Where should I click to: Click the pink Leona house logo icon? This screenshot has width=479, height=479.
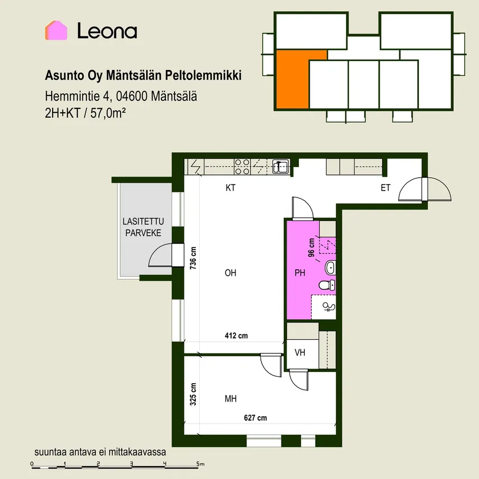(56, 30)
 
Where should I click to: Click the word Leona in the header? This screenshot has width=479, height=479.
(107, 31)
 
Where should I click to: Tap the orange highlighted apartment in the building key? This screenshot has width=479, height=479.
(293, 79)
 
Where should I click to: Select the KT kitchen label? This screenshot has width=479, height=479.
(231, 187)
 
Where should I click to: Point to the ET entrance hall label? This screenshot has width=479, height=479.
(385, 187)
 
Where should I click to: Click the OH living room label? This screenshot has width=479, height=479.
(231, 273)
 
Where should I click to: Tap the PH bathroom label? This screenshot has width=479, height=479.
(300, 273)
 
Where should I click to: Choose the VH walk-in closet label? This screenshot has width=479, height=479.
(300, 353)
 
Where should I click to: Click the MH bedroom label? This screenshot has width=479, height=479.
(231, 399)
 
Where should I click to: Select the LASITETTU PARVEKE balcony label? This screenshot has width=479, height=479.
(143, 227)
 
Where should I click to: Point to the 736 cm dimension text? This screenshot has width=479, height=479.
(193, 258)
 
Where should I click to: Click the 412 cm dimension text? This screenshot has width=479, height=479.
(236, 336)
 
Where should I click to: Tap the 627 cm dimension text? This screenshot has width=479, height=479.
(255, 418)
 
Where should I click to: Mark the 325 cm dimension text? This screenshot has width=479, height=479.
(193, 394)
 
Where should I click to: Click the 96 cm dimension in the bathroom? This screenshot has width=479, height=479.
(311, 247)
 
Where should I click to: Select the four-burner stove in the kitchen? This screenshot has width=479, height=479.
(242, 167)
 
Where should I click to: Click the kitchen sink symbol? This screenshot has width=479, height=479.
(281, 167)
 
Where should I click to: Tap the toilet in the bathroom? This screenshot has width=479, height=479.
(327, 285)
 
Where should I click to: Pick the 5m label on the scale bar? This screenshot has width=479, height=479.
(200, 464)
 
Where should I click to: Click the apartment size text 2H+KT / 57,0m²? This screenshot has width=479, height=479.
(85, 113)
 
